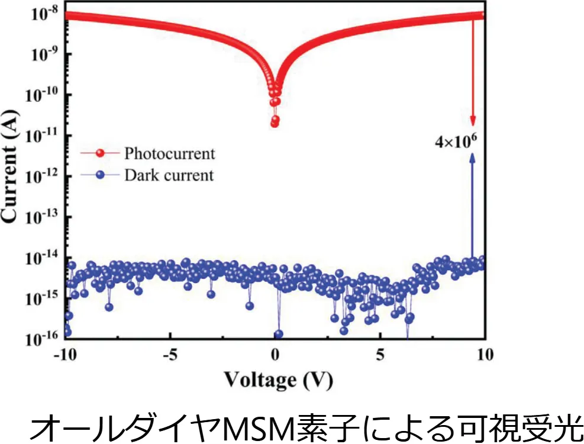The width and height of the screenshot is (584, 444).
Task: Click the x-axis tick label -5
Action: pos(170,356)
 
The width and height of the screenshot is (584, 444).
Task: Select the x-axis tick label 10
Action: pos(485,356)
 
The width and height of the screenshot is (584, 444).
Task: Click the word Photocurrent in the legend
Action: pos(170,154)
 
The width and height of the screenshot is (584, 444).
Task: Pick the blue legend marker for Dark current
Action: pos(101,175)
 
